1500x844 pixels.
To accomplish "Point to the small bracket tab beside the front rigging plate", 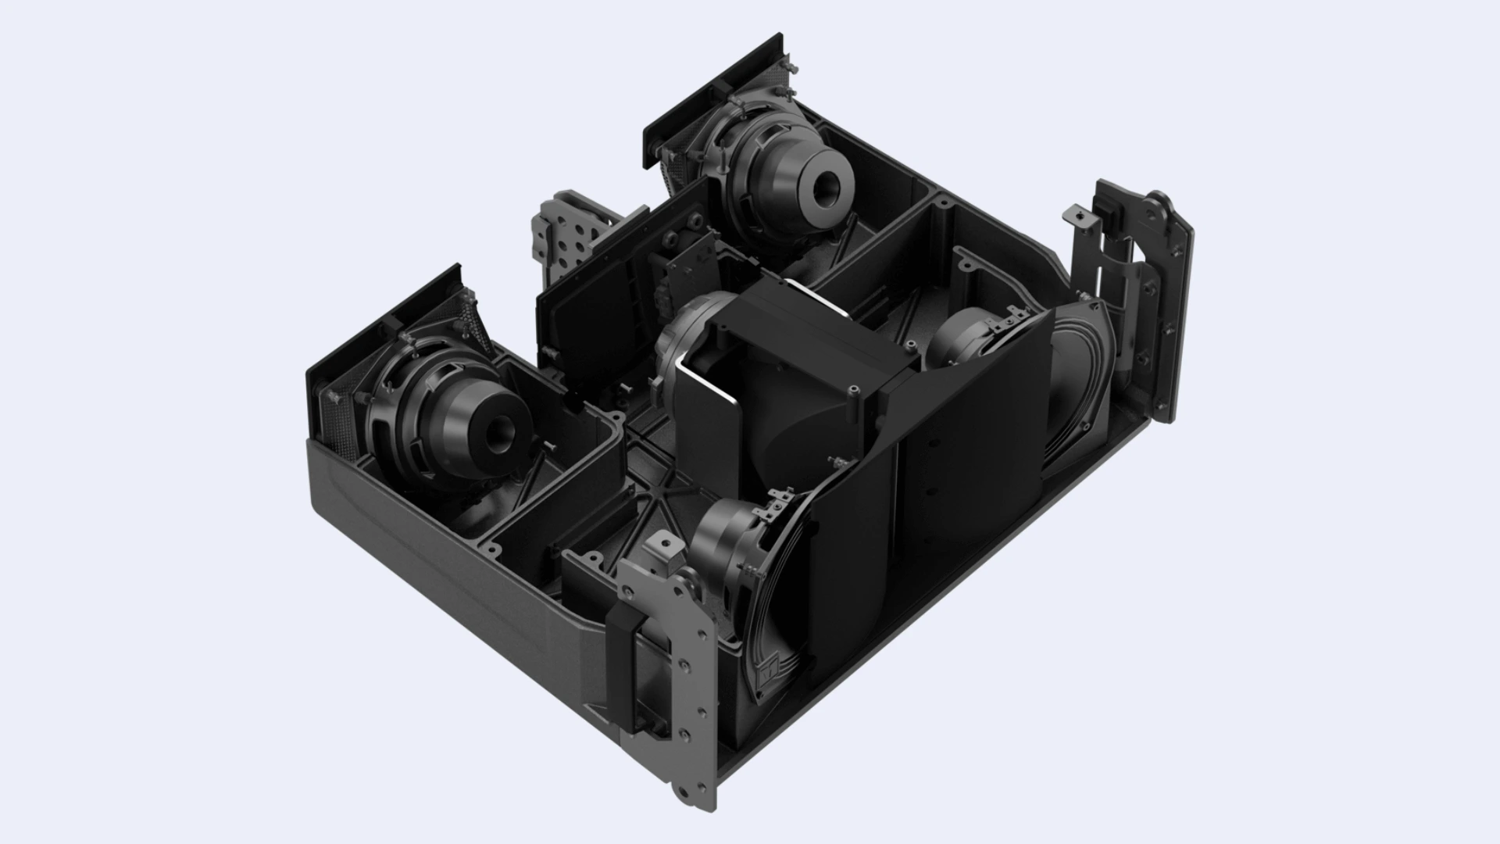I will point(664,547).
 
